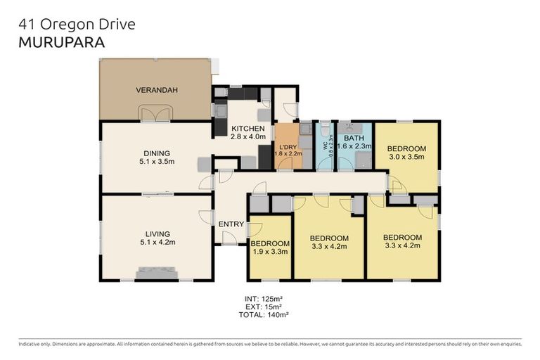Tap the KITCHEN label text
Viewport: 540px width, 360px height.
(x=247, y=129)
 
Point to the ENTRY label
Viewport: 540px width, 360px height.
(x=231, y=224)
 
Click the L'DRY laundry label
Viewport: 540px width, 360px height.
(x=288, y=146)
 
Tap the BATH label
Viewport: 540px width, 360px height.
(x=354, y=139)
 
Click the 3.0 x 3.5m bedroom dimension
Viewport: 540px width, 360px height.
(x=406, y=157)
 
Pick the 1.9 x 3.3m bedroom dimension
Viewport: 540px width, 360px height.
(x=269, y=251)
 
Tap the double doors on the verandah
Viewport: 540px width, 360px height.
(x=156, y=114)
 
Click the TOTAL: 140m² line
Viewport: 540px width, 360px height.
(x=264, y=316)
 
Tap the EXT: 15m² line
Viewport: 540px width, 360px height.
(x=264, y=307)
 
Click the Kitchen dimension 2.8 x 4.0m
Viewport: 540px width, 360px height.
(x=247, y=137)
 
